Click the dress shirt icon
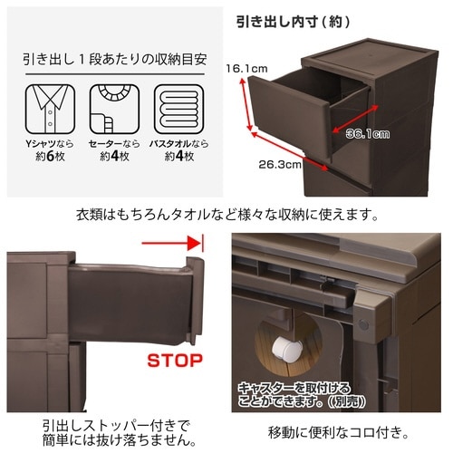click(50, 109)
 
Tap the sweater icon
click(114, 109)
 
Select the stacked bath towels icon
click(179, 109)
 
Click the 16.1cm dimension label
click(246, 69)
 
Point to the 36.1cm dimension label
click(368, 134)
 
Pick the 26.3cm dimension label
click(280, 165)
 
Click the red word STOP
click(175, 361)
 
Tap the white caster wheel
click(286, 349)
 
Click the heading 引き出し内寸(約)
click(293, 22)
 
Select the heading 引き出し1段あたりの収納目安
click(115, 59)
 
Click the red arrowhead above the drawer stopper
click(194, 243)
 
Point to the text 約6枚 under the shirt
click(50, 157)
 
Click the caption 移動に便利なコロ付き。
click(339, 432)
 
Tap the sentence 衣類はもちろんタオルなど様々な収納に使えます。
click(227, 216)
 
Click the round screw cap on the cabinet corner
click(363, 325)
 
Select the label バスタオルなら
click(179, 144)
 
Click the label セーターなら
click(114, 144)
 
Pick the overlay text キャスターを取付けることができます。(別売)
click(302, 395)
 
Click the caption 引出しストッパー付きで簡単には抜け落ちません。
click(120, 433)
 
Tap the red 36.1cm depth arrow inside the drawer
click(355, 119)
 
